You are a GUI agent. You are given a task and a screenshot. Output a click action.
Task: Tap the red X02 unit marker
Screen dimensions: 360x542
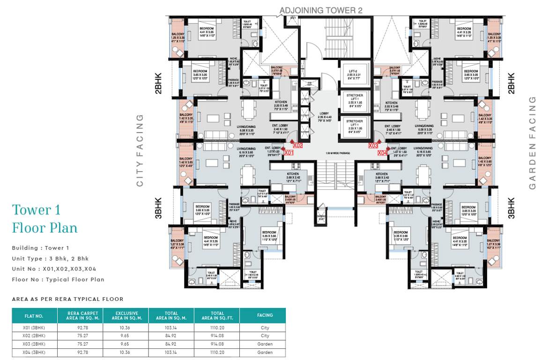298,145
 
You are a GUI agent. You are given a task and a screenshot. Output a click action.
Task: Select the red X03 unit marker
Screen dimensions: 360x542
373,145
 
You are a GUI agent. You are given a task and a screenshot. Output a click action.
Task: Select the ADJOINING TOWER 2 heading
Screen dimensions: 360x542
321,10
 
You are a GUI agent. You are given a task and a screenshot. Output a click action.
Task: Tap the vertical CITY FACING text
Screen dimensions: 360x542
140,150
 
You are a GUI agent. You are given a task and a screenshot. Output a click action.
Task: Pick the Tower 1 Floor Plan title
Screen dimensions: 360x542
45,219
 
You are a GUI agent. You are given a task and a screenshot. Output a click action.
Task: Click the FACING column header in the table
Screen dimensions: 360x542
265,315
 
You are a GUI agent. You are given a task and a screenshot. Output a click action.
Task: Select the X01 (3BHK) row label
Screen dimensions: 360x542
33,328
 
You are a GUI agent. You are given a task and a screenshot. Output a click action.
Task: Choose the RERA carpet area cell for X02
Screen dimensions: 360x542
79,336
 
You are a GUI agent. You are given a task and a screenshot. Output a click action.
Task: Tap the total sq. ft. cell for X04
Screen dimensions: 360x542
217,352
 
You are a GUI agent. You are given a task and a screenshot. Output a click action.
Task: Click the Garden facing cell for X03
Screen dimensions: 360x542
265,344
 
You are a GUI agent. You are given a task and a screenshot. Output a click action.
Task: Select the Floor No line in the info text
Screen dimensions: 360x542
58,279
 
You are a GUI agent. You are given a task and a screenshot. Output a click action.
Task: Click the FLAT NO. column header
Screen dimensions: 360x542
33,315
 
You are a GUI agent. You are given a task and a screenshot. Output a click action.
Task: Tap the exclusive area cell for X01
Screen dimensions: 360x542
125,328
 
